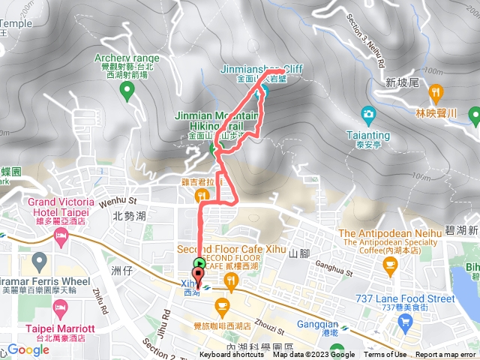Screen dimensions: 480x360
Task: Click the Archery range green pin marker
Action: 127,91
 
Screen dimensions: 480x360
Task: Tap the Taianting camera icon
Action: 367,114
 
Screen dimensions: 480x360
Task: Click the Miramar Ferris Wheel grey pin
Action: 40,261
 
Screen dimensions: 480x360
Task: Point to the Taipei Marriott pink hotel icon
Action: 61,308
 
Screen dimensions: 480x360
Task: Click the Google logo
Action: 28,349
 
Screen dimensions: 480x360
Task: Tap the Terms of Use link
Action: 385,355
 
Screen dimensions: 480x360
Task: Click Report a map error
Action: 445,355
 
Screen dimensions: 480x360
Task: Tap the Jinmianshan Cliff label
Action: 261,69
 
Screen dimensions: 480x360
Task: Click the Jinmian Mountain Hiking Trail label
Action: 217,121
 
